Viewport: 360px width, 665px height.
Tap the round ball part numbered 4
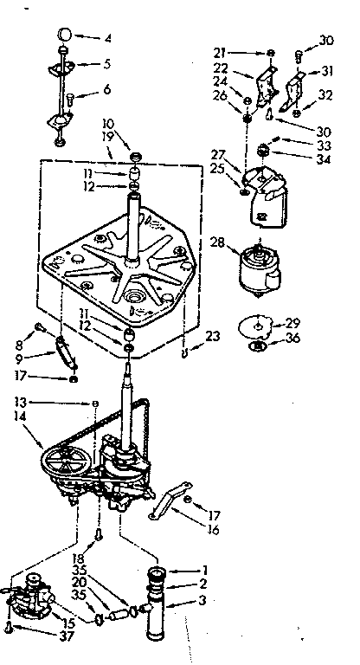pyautogui.click(x=64, y=35)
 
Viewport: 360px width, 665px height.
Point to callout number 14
pyautogui.click(x=17, y=416)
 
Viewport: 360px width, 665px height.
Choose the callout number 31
pyautogui.click(x=325, y=71)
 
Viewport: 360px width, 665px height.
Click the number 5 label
pyautogui.click(x=108, y=63)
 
